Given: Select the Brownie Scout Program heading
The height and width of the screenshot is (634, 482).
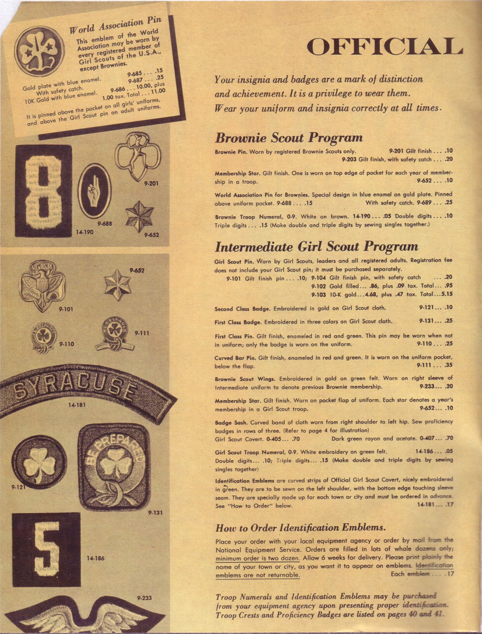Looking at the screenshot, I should (289, 138).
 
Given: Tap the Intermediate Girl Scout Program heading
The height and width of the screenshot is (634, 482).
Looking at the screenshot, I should (316, 247).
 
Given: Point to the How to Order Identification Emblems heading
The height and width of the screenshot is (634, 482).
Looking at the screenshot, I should (300, 528).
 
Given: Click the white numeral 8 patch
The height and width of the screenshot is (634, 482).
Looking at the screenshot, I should (43, 190).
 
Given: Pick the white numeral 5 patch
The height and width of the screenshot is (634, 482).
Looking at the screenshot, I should (46, 550).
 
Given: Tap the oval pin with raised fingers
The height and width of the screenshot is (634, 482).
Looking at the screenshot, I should (94, 191).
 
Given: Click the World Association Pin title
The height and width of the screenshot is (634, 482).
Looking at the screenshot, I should (115, 25).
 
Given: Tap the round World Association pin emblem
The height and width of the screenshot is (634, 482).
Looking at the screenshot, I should (40, 51).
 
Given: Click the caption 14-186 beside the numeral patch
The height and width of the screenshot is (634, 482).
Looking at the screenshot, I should (96, 558).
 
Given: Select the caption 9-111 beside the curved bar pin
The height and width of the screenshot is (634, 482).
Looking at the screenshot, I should (142, 333).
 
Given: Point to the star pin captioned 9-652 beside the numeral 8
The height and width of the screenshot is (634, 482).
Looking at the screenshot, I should (139, 216).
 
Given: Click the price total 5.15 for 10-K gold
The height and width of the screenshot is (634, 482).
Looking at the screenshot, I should (445, 294).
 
